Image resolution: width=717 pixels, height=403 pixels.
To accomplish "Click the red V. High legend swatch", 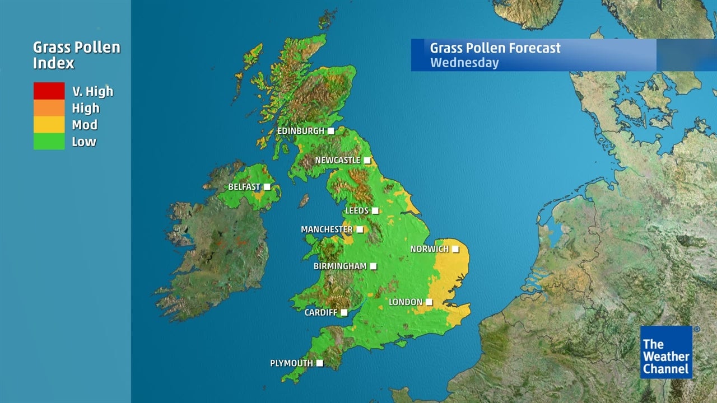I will coord(49,91).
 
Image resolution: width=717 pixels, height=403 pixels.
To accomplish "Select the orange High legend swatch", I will coord(49,107).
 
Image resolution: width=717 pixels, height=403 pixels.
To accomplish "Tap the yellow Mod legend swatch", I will coord(49,124).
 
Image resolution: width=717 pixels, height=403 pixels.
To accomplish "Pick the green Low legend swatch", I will coord(49,141).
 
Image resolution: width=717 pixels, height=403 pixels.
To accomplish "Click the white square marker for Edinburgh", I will coord(331,131).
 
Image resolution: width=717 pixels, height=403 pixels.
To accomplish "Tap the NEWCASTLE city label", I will coord(337,160).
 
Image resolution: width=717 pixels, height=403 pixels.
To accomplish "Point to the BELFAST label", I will coord(244,186).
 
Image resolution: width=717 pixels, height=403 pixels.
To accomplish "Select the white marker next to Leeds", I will coord(375,210).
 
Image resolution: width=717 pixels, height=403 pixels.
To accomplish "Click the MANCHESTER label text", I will coord(327,229).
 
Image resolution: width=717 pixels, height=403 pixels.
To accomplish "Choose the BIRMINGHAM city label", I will coord(340,266).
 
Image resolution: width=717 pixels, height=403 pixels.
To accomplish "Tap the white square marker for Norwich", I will coord(455,249).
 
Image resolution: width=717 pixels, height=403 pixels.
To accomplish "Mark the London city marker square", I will coord(429,302).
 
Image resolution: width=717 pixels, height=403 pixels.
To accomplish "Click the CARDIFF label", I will coord(320,312).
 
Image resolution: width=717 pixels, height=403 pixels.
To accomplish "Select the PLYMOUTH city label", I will coord(291,363).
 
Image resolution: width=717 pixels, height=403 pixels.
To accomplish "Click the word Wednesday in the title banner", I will coord(464,62).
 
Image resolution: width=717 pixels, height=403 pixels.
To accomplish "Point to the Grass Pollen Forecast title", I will coord(495,48).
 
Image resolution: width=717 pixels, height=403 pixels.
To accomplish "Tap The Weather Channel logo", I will coord(666,353).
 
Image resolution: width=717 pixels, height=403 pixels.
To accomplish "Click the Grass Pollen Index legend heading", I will coord(76,55).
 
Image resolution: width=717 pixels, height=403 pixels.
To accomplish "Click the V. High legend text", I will coord(92,91).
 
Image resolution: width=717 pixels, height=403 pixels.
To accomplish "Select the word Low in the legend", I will coord(84,142).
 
